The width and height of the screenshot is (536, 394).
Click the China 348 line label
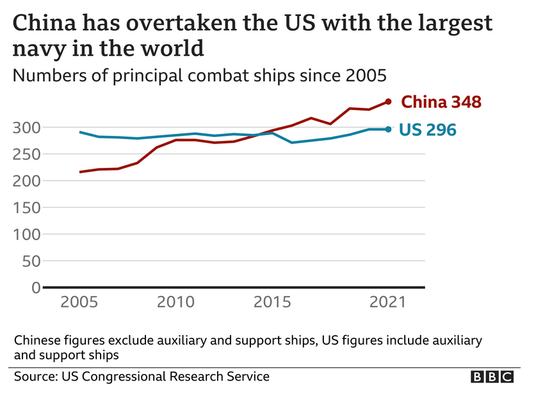tap(441, 102)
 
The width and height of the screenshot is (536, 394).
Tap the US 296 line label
tap(427, 129)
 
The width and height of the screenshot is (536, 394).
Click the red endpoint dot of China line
tap(388, 101)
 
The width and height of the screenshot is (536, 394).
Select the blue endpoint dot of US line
tap(388, 129)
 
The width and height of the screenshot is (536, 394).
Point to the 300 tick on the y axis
tap(28, 127)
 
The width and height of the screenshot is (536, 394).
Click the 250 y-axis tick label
tap(28, 154)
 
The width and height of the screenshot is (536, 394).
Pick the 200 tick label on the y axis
tap(28, 181)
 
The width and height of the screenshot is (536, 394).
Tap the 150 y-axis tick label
tap(28, 208)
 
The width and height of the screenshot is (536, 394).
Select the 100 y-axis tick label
tap(28, 234)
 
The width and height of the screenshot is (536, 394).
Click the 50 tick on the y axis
tap(32, 261)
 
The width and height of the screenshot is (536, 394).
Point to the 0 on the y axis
tap(37, 288)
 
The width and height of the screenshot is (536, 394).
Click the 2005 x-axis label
tap(80, 302)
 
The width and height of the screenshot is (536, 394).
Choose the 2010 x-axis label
tap(176, 302)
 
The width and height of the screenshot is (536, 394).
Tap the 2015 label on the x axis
tap(272, 302)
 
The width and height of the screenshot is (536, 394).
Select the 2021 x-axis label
tap(387, 302)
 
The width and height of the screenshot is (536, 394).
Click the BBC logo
tap(492, 377)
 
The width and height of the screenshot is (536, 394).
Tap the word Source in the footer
tap(33, 376)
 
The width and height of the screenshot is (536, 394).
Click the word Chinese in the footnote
tap(37, 340)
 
